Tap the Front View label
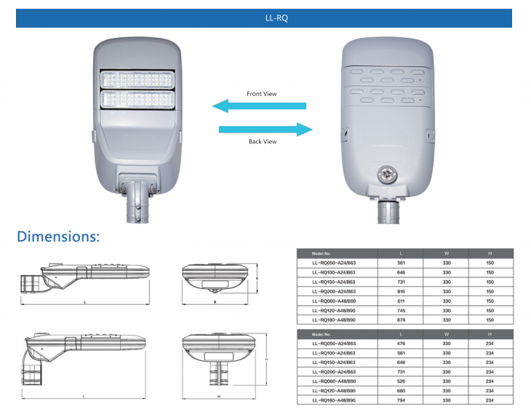[x=262, y=94]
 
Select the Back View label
[x=263, y=141]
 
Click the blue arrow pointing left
[x=258, y=106]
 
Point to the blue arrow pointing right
[x=266, y=130]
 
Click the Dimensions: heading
[x=58, y=237]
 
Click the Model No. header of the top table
[x=322, y=253]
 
